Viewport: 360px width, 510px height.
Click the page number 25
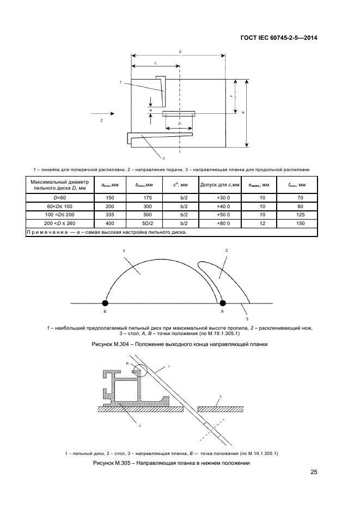[x=314, y=472]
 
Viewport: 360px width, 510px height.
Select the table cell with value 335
[x=109, y=214]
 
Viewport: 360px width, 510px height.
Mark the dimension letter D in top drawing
[x=179, y=124]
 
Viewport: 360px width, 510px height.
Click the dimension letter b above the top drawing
[x=180, y=52]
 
